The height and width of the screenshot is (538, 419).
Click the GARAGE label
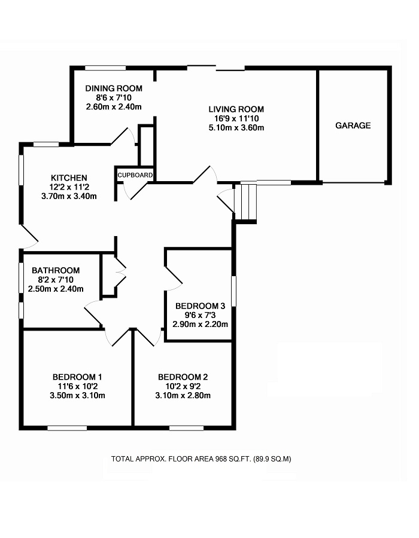coord(353,126)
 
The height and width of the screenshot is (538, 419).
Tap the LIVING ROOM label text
coord(236,109)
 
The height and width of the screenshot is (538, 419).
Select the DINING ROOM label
coord(113,88)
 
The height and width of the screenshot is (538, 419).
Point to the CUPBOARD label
coord(136,175)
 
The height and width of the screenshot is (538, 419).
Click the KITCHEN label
coord(69,178)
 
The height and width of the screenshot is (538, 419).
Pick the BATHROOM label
coord(56,271)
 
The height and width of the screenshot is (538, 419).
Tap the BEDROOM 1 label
coord(77,377)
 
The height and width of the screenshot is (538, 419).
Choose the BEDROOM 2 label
coord(183,377)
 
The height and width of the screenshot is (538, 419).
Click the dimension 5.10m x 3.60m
coord(236,127)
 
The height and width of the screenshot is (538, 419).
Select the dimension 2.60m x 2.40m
coord(113,107)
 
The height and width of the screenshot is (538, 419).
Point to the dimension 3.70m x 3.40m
coord(69,196)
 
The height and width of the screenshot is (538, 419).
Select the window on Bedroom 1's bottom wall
coord(67,427)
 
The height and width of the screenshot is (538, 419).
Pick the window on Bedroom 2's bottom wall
coord(186,427)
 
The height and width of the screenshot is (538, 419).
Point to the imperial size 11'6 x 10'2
coord(77,386)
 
